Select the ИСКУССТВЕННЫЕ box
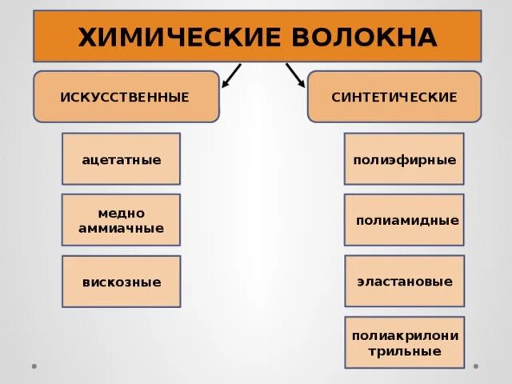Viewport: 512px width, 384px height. pyautogui.click(x=126, y=97)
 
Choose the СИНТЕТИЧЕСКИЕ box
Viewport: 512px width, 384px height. pyautogui.click(x=394, y=97)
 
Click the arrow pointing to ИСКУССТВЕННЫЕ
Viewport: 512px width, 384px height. pyautogui.click(x=230, y=74)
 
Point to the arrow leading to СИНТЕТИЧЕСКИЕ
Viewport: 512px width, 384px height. pyautogui.click(x=295, y=74)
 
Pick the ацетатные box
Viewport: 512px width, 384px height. pyautogui.click(x=121, y=159)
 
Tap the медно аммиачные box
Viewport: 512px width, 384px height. pyautogui.click(x=121, y=220)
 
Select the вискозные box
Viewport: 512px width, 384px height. pyautogui.click(x=121, y=282)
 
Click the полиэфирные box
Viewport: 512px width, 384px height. pyautogui.click(x=404, y=159)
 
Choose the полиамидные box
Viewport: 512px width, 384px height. pyautogui.click(x=404, y=220)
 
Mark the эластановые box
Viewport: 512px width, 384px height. pyautogui.click(x=404, y=282)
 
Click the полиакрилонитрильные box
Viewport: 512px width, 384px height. pyautogui.click(x=404, y=342)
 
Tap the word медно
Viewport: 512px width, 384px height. pyautogui.click(x=121, y=213)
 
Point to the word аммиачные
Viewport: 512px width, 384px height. pyautogui.click(x=121, y=228)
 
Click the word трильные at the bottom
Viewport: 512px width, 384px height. pyautogui.click(x=404, y=350)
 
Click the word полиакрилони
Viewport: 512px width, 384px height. pyautogui.click(x=404, y=335)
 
